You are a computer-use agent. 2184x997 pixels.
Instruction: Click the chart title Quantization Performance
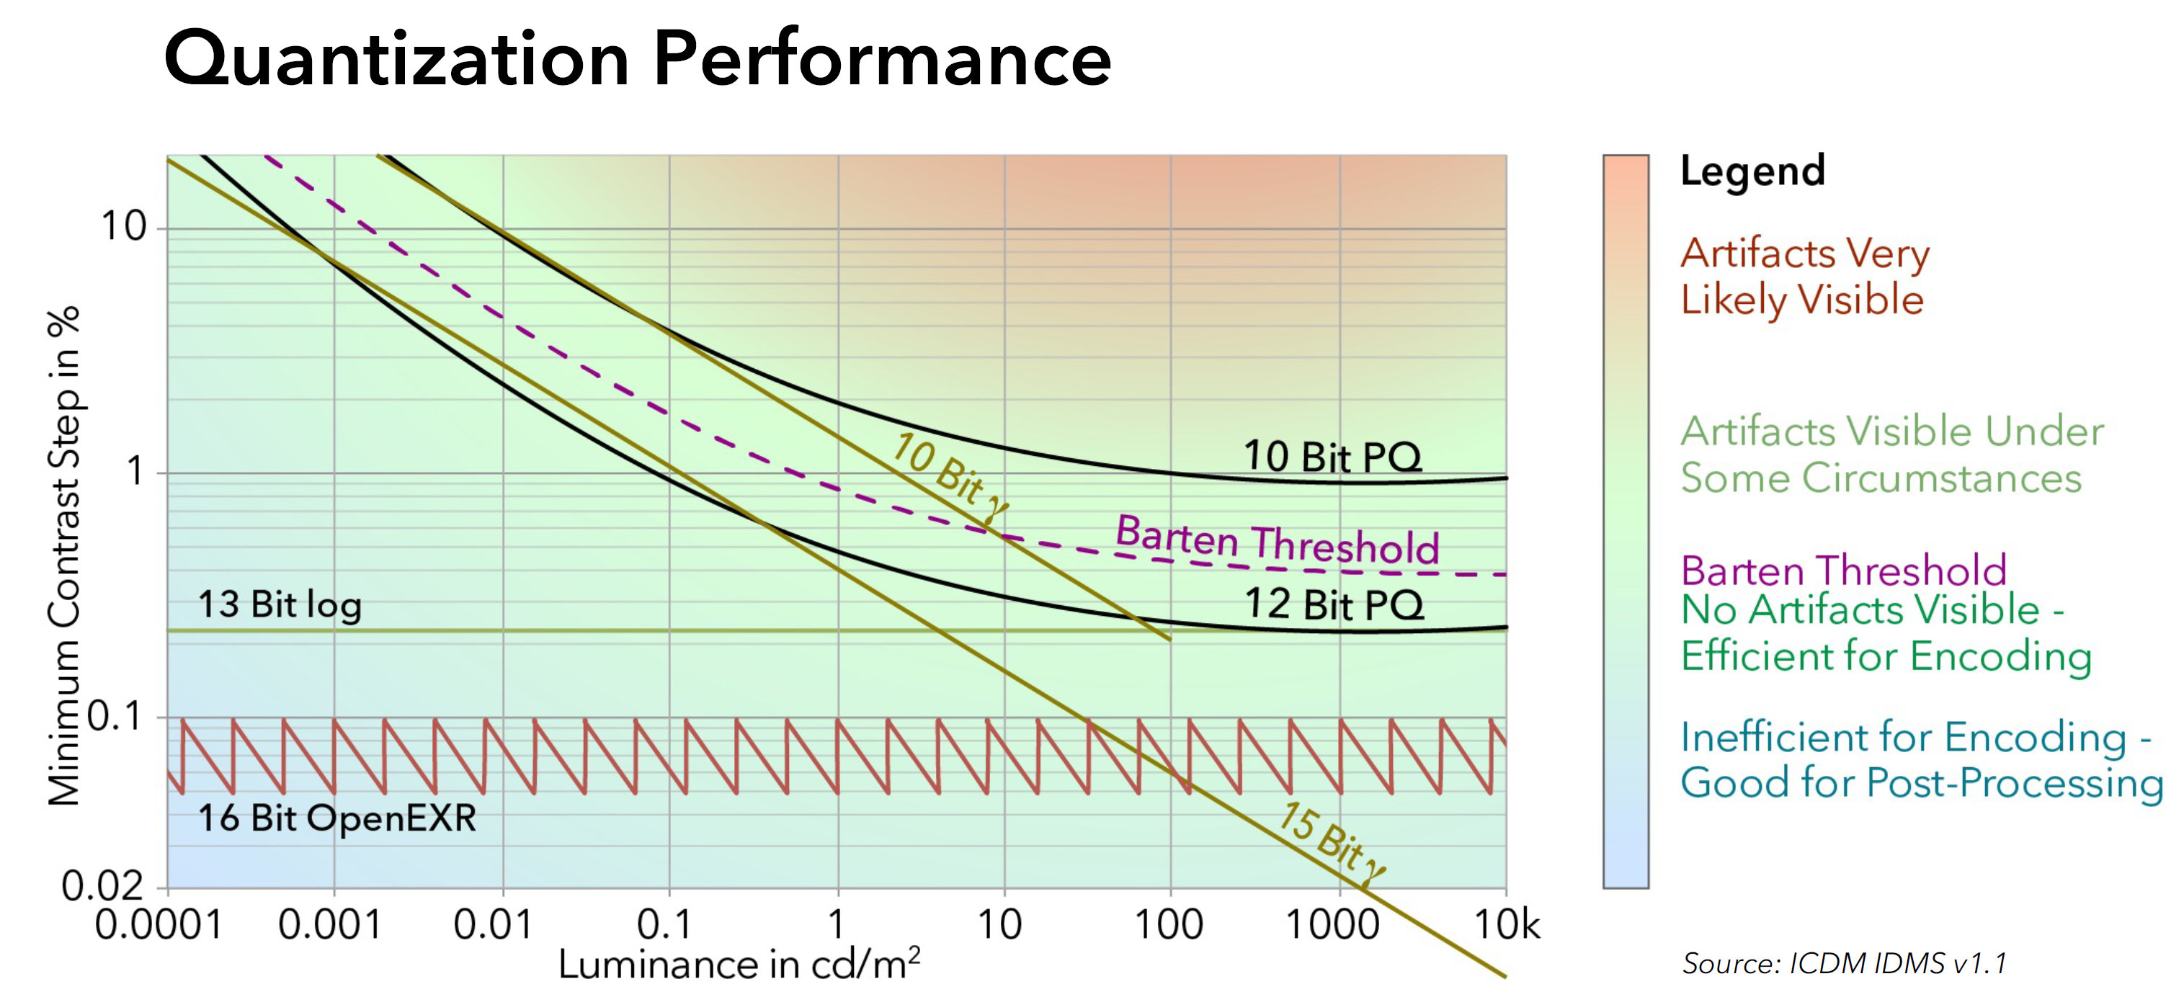point(637,59)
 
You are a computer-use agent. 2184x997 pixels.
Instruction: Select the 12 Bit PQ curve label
point(1334,604)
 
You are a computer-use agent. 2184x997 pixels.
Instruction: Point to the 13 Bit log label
point(279,605)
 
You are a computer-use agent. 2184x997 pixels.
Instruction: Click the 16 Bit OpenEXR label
point(336,818)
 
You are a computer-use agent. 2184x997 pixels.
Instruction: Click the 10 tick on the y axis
point(123,226)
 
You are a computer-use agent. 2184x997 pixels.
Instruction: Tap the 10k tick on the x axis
point(1507,925)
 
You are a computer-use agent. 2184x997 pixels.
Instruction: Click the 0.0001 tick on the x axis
point(159,925)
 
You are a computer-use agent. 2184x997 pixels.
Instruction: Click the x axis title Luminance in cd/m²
point(739,965)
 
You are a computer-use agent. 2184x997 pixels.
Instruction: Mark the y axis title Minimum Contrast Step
point(63,555)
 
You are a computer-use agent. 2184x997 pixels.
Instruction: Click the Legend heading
point(1752,171)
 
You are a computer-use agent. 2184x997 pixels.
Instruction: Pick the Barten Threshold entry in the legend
point(1843,571)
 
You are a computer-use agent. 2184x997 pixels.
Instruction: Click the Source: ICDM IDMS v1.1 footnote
point(1844,964)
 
